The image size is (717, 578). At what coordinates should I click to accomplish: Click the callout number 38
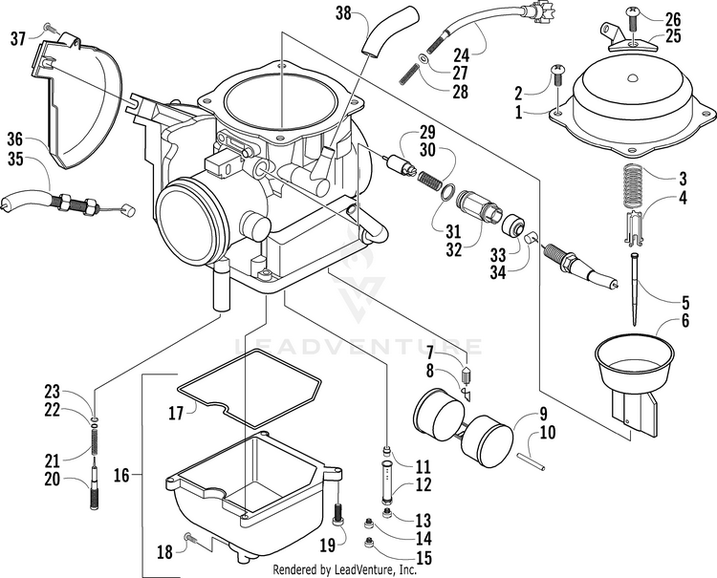click(x=344, y=13)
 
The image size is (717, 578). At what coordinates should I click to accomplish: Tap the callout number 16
click(x=121, y=476)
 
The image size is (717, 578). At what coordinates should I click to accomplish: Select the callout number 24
click(x=462, y=55)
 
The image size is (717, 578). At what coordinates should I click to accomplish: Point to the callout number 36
click(x=15, y=139)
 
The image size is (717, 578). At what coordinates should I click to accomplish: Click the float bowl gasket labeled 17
click(x=250, y=389)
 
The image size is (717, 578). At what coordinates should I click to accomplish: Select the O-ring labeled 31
click(x=448, y=192)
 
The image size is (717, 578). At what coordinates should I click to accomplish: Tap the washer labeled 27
click(x=424, y=59)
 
